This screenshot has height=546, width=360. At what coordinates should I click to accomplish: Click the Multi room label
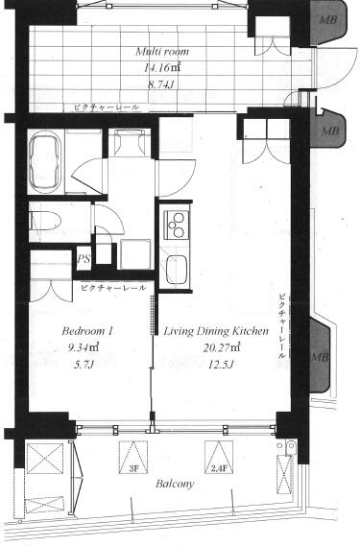click(x=162, y=52)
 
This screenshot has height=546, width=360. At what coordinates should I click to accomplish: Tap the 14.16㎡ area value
click(x=162, y=67)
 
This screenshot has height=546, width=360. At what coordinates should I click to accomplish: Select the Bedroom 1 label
click(x=87, y=331)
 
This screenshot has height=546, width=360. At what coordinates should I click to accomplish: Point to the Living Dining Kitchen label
click(x=216, y=331)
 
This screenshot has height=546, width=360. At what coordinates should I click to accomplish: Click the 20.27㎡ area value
click(x=222, y=347)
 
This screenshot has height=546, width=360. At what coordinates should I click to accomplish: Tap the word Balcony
click(x=175, y=484)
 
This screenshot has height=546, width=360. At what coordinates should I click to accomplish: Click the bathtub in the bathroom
click(x=44, y=161)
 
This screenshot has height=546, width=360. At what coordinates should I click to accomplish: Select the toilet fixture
click(x=45, y=221)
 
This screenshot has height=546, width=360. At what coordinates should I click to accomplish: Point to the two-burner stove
click(x=175, y=225)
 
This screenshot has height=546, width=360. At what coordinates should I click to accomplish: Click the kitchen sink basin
click(x=177, y=270)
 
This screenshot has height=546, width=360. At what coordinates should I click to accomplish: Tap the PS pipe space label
click(x=84, y=259)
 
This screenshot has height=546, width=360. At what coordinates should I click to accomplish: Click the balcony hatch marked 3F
click(x=133, y=458)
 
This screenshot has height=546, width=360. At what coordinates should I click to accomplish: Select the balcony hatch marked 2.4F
click(x=219, y=457)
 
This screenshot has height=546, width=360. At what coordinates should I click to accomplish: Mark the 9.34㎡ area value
click(x=85, y=347)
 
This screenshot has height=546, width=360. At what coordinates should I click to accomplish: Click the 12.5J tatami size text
click(x=220, y=365)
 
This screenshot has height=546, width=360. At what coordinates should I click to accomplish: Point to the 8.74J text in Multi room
click(x=161, y=84)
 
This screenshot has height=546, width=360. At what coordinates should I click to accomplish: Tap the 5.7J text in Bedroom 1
click(x=84, y=365)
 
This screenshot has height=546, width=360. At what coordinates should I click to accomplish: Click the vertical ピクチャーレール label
click(x=282, y=326)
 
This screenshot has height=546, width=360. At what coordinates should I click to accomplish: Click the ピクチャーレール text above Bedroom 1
click(x=113, y=288)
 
